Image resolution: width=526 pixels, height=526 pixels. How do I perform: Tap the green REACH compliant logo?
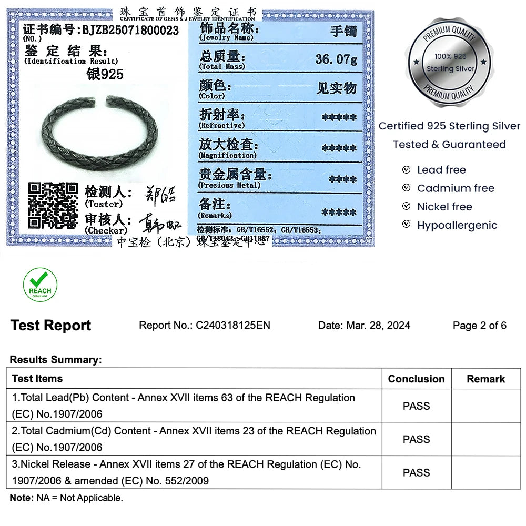pos(40,285)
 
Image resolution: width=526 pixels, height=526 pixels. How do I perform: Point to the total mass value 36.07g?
pos(336,59)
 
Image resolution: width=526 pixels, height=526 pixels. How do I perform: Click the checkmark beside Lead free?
pos(406,170)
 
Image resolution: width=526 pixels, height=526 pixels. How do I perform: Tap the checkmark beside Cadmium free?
pos(406,188)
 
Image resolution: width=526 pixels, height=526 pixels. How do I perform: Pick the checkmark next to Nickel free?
pos(406,207)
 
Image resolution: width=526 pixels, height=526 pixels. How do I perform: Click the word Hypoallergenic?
pos(457,225)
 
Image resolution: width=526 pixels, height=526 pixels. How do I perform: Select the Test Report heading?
pos(50,326)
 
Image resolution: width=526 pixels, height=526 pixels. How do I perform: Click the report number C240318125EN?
pos(233,326)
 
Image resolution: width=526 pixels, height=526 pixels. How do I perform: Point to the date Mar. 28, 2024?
pos(378,326)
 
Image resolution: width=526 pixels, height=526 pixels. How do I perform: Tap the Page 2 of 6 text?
pos(479,326)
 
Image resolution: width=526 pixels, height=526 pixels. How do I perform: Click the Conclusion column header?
pos(416,379)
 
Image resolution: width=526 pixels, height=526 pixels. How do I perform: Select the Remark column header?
pos(485,379)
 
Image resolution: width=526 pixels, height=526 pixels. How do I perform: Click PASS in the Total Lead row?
pos(416,406)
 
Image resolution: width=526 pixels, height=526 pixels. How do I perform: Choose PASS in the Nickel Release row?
pos(416,472)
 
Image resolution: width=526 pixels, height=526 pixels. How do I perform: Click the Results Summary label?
pos(55,360)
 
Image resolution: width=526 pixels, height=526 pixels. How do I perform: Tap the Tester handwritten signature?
pos(159,195)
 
